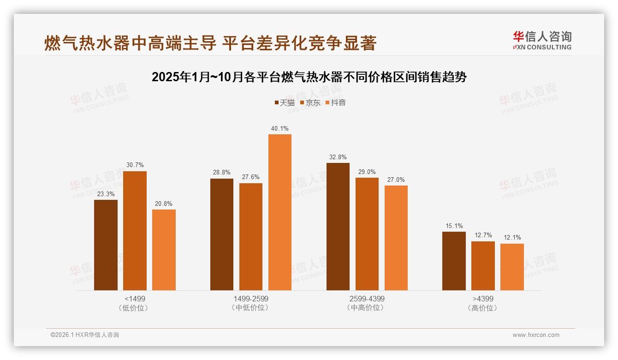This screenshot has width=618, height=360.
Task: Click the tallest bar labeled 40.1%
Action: pyautogui.click(x=279, y=212)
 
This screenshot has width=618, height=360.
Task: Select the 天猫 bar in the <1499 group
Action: pyautogui.click(x=106, y=245)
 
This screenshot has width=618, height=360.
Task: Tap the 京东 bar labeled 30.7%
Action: pyautogui.click(x=135, y=231)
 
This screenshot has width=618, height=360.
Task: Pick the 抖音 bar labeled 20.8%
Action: pyautogui.click(x=164, y=250)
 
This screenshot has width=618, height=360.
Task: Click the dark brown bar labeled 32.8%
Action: pyautogui.click(x=338, y=227)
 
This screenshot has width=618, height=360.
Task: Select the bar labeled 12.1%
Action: pyautogui.click(x=512, y=267)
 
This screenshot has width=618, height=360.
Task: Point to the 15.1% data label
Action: pyautogui.click(x=454, y=226)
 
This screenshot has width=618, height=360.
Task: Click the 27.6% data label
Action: pyautogui.click(x=250, y=177)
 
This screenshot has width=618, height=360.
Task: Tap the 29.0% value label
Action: pyautogui.click(x=367, y=172)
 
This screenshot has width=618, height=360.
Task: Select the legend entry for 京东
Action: pyautogui.click(x=310, y=102)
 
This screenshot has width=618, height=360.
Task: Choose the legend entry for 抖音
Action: pyautogui.click(x=335, y=102)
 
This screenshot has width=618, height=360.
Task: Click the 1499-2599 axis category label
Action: pyautogui.click(x=251, y=299)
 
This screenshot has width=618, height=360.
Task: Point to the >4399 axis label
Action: pyautogui.click(x=482, y=299)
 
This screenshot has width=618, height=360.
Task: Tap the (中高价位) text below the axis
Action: pyautogui.click(x=367, y=308)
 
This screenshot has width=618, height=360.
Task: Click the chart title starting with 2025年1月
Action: pyautogui.click(x=309, y=77)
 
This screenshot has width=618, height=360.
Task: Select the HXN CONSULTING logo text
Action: pyautogui.click(x=542, y=47)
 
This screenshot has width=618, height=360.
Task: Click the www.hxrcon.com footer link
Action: pyautogui.click(x=536, y=335)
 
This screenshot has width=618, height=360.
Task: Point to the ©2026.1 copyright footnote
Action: pyautogui.click(x=85, y=335)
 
